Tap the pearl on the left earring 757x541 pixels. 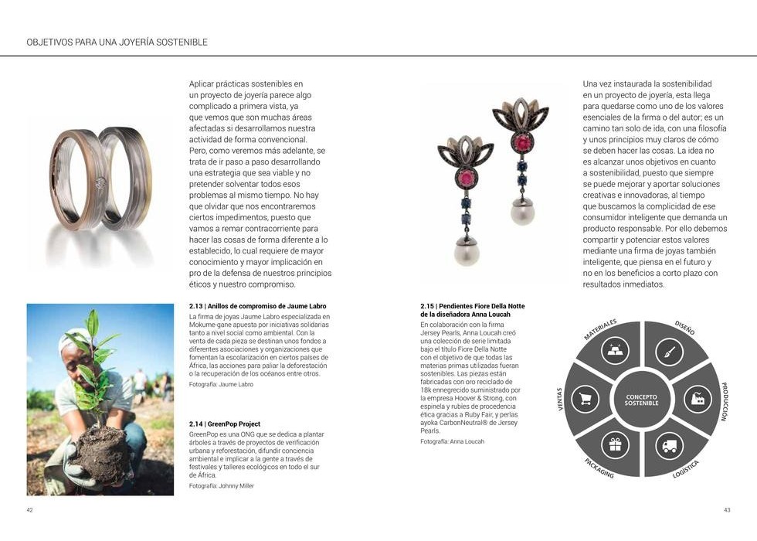point(467,252)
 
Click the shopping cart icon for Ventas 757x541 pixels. point(586,399)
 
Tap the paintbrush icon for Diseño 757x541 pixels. point(670,355)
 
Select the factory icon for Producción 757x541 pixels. point(695,400)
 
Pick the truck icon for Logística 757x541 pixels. point(668,446)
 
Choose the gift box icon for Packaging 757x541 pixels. point(615,445)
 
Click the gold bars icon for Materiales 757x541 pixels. point(616,355)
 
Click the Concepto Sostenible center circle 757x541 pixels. point(641,400)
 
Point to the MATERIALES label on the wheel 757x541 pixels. point(600,329)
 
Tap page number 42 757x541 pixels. point(29,510)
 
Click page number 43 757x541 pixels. point(727,510)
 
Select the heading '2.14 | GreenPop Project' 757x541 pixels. point(225,424)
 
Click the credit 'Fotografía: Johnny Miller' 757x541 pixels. point(221,486)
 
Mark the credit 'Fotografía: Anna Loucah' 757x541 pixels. point(452,441)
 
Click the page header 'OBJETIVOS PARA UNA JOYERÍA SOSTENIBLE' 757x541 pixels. point(117,41)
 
